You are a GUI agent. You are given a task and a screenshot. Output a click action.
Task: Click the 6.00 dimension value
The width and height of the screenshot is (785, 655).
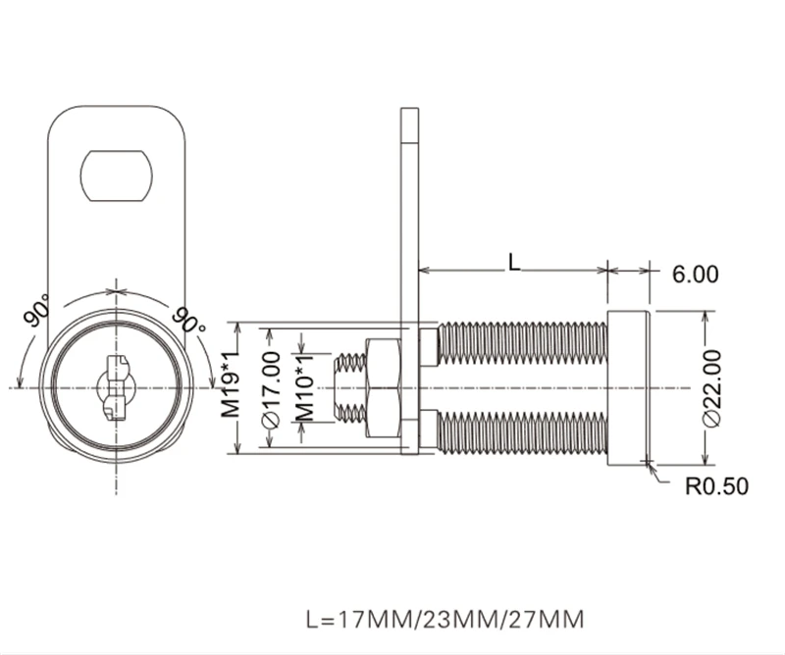[x=695, y=275]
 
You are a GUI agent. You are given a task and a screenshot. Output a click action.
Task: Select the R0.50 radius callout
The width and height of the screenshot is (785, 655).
[x=716, y=486]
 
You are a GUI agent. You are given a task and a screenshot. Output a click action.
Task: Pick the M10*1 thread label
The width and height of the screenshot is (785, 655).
[x=304, y=387]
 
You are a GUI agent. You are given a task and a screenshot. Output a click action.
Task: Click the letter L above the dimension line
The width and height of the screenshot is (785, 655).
[x=514, y=262]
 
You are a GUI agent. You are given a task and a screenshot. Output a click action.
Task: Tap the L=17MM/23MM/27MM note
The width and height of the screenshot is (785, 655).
[x=445, y=620]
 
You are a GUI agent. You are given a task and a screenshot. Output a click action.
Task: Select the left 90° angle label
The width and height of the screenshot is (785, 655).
[x=37, y=310]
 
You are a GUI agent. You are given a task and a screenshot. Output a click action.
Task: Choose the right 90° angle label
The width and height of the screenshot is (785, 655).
[x=188, y=320]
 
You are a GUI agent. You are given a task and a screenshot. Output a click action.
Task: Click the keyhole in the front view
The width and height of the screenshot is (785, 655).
[x=116, y=386]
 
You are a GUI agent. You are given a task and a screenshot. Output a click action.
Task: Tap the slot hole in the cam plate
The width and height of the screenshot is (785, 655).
[x=116, y=176]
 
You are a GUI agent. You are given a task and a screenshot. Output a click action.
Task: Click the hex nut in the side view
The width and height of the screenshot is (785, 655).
[x=384, y=387]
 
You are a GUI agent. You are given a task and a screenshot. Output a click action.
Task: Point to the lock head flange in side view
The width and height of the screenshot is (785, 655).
[x=629, y=387]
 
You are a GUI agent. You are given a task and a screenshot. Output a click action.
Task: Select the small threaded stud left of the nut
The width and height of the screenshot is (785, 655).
[x=349, y=387]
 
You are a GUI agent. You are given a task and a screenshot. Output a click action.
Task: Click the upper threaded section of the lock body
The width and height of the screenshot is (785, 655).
[x=522, y=344]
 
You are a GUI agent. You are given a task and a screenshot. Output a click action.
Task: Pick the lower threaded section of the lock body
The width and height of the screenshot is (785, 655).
[x=522, y=431]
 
